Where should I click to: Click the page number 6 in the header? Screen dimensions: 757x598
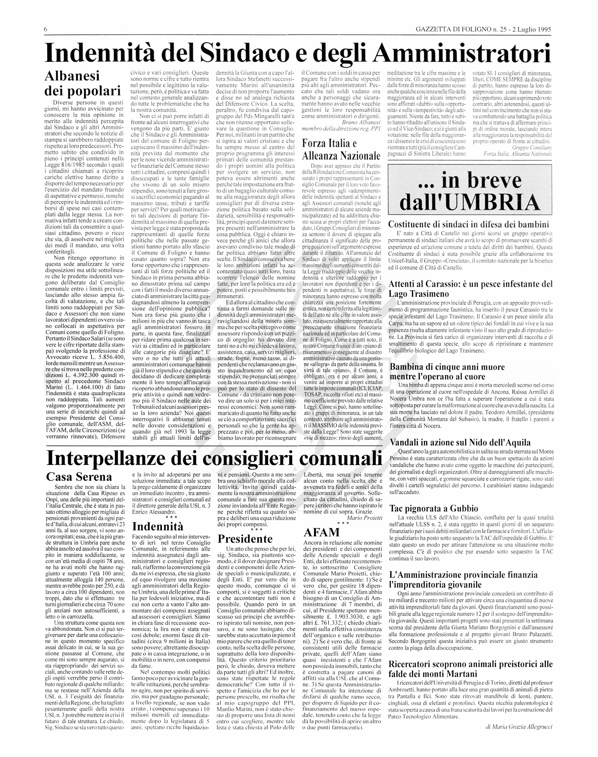coord(46,29)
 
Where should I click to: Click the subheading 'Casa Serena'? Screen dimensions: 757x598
coord(79,477)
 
